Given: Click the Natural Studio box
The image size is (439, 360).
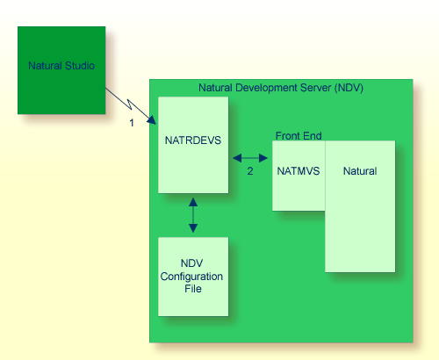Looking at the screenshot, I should [x=61, y=70].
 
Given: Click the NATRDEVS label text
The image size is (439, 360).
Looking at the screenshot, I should [x=192, y=138].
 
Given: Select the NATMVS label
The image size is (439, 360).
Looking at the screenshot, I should [x=297, y=171].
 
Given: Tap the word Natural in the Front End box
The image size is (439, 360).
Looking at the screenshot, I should [x=360, y=171].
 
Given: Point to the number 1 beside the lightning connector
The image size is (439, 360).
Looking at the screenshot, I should [x=132, y=123].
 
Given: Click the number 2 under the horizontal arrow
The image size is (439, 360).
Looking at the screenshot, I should [x=250, y=171].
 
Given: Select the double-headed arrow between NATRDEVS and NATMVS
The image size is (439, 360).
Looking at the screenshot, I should [x=250, y=159].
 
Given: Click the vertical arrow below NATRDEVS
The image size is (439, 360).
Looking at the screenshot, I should [x=193, y=215].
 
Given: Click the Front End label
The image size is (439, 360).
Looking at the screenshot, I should [x=299, y=136].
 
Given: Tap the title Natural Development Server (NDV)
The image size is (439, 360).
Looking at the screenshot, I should [x=281, y=88].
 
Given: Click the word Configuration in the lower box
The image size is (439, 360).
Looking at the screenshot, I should [x=191, y=276].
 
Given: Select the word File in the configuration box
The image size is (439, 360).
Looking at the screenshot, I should [x=192, y=288].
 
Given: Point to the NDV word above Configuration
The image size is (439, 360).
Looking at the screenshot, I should [x=192, y=263].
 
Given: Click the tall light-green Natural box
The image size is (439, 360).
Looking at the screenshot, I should [x=360, y=220].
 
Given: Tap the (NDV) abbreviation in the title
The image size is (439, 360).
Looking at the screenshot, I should [x=349, y=88].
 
